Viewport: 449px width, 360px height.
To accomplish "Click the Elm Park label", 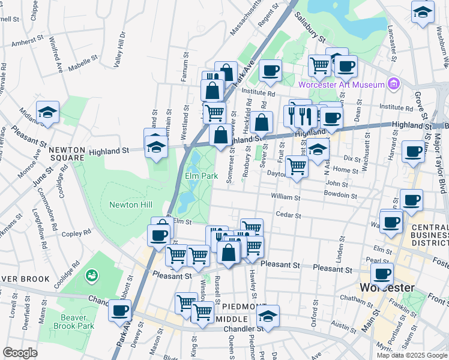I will [201, 176].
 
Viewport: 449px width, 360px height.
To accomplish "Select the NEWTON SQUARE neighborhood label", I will [67, 154].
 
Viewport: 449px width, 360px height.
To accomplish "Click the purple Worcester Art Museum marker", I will [393, 83].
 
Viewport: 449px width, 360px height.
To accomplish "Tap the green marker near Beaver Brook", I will [92, 275].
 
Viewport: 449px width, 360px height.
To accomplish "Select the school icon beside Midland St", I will [47, 112].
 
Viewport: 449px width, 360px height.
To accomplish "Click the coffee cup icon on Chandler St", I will [120, 311].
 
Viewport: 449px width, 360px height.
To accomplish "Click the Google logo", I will [19, 353].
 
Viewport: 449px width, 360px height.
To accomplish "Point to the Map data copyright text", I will [412, 355].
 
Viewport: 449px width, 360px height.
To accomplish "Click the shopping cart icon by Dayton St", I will [297, 167].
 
